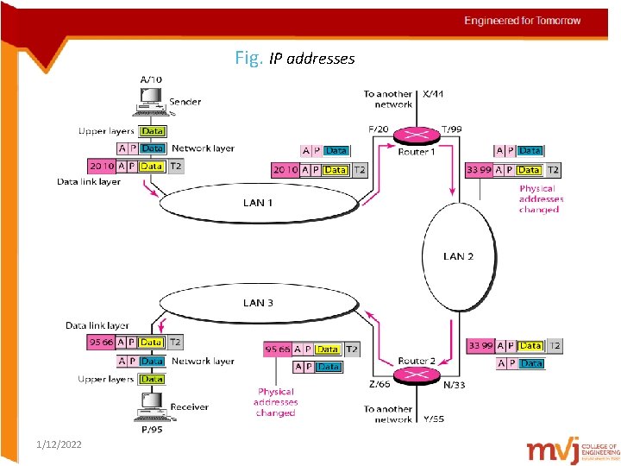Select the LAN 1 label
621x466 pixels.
[x=257, y=203]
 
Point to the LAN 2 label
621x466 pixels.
[x=458, y=256]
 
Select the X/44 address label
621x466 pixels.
[x=434, y=94]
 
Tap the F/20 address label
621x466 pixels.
[x=379, y=129]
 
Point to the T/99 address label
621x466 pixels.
[x=451, y=129]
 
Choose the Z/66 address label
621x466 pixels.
[x=379, y=385]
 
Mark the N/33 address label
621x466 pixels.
[x=454, y=385]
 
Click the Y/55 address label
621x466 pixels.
[x=434, y=419]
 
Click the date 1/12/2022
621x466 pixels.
[x=60, y=444]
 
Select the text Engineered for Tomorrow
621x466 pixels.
[x=523, y=21]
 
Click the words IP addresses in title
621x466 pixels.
[x=311, y=59]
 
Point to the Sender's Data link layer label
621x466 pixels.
[x=89, y=182]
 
